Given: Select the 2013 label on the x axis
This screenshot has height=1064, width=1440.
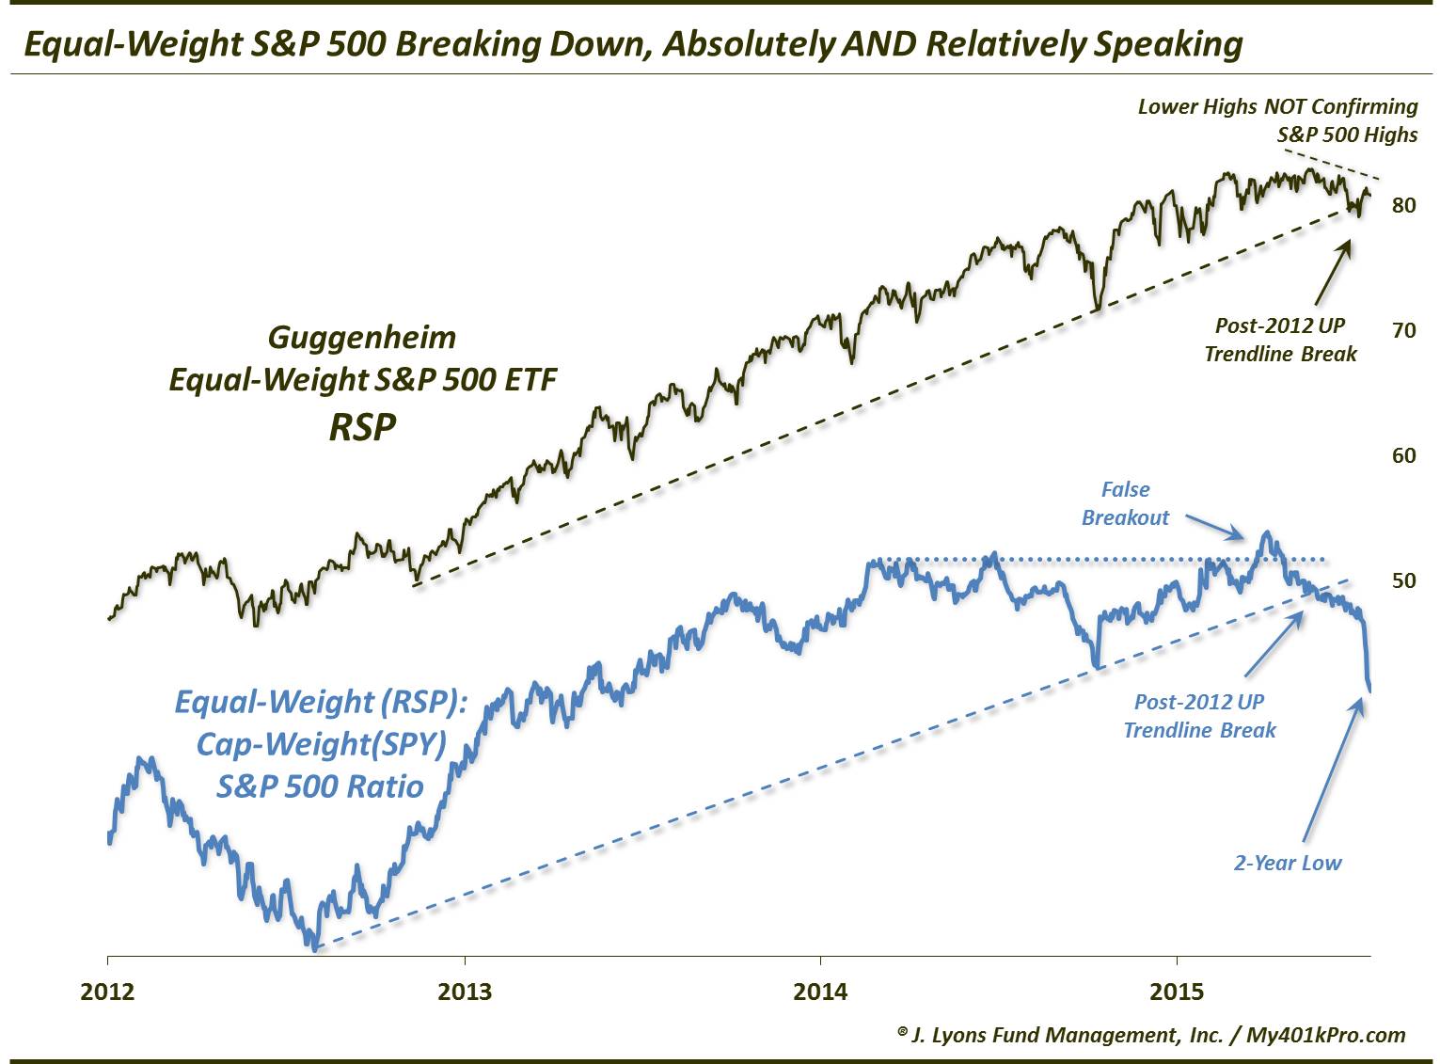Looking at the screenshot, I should (x=465, y=992).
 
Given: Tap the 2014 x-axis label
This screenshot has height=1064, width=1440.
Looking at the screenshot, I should (x=821, y=992).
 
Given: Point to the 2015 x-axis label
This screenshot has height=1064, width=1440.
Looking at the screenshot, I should (x=1177, y=992).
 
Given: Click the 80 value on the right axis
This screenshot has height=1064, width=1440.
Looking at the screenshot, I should (x=1403, y=205).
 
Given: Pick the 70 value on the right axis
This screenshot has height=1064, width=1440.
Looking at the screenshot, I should (x=1403, y=330).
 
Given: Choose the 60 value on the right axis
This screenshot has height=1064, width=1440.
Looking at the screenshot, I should (x=1403, y=455).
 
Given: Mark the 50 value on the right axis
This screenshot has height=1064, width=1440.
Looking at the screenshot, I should (x=1403, y=580).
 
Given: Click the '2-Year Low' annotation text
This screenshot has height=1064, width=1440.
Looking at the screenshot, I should (x=1287, y=863).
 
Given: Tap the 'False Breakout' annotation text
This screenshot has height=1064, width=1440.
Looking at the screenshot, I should (x=1125, y=503).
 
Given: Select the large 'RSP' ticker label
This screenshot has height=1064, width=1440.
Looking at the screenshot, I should (x=362, y=427).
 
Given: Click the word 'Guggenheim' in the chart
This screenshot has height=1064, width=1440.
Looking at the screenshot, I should (x=362, y=337).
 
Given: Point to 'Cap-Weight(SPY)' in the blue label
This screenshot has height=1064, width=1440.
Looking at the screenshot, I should (x=321, y=744).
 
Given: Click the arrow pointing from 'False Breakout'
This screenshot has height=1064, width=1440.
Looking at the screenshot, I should (x=1216, y=528).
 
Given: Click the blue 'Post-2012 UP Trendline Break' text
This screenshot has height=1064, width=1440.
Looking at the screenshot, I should (x=1199, y=716).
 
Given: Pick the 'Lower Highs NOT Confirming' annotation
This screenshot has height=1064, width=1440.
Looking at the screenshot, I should (x=1277, y=106).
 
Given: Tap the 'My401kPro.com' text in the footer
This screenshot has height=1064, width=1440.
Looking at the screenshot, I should (x=1325, y=1035).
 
